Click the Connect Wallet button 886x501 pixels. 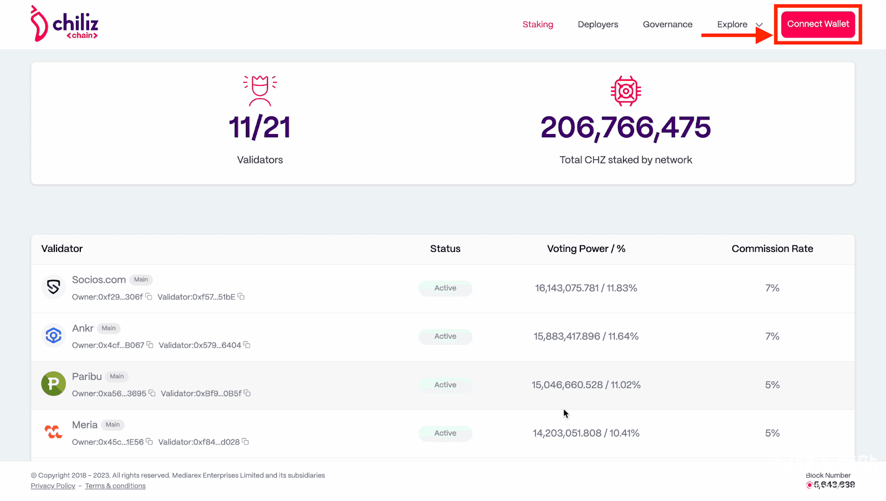click(x=818, y=24)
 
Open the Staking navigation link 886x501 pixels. click(x=538, y=24)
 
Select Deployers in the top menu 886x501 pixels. click(x=597, y=24)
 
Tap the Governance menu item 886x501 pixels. click(x=667, y=24)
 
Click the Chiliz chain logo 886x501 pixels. click(x=64, y=24)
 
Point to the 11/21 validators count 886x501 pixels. click(x=260, y=127)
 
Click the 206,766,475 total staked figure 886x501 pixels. click(x=625, y=127)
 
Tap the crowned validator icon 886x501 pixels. click(x=260, y=90)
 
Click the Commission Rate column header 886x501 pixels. click(x=772, y=249)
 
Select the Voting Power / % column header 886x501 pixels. click(x=586, y=249)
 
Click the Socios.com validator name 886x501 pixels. click(x=99, y=280)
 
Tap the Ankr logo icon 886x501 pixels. click(x=54, y=335)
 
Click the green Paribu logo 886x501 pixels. click(x=54, y=384)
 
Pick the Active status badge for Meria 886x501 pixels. click(x=445, y=433)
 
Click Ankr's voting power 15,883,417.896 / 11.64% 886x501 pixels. click(x=586, y=336)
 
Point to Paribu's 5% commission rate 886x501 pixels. click(x=772, y=385)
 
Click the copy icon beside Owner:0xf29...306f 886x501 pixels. click(x=149, y=297)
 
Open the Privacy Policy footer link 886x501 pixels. click(x=53, y=486)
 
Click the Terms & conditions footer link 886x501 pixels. click(x=115, y=486)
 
